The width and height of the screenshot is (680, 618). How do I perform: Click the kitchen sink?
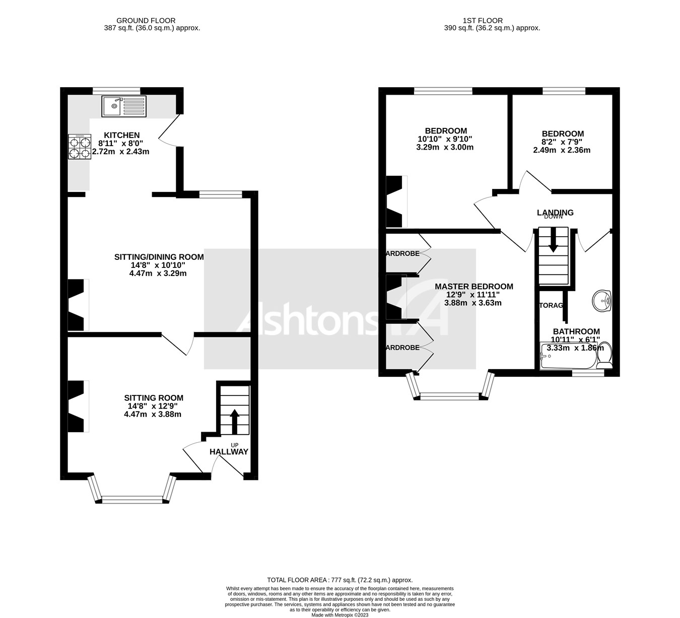coord(123,106)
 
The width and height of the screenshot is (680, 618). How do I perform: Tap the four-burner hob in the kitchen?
coord(79,147)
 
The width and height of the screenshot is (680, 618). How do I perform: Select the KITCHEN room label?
coord(121,135)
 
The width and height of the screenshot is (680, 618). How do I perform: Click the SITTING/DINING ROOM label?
coord(159,257)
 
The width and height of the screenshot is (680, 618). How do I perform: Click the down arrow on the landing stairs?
coord(553,240)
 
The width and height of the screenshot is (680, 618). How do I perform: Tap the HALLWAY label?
coord(229,452)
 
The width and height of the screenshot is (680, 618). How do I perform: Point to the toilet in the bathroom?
coord(604,354)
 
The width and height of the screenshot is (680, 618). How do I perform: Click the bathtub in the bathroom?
coord(567,356)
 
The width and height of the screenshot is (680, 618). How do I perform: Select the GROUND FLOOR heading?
coord(146,21)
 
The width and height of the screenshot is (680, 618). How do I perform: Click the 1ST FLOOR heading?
coord(483,21)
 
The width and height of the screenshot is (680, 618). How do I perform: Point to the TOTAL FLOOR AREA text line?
coord(339,580)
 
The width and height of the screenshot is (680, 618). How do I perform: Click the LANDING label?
coord(555,213)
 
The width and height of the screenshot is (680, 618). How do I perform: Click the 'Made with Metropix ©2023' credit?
coord(340,614)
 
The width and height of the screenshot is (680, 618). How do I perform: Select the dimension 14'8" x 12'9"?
coord(152,406)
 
